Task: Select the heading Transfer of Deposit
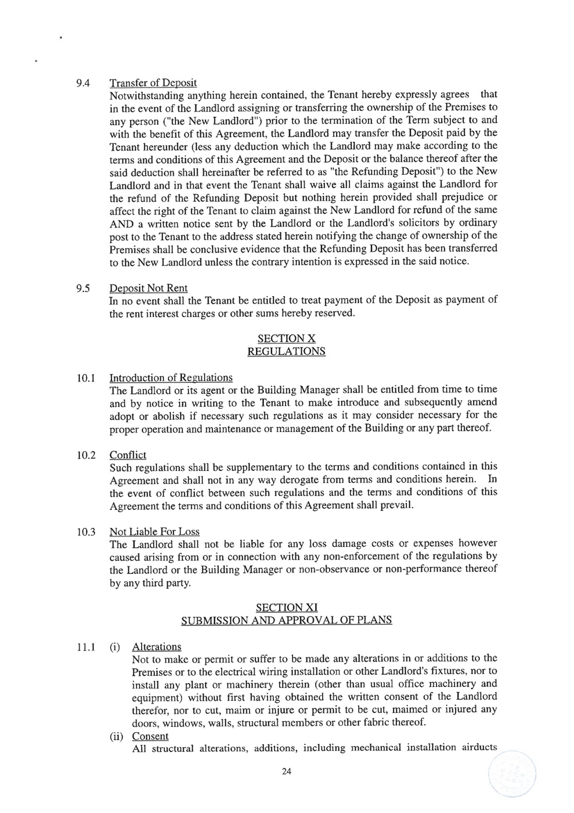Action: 153,83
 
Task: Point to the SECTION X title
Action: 286,339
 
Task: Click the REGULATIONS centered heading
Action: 286,351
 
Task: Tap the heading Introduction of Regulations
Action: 171,378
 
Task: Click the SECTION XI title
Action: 286,607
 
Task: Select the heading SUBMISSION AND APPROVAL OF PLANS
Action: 286,620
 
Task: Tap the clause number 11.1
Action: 85,647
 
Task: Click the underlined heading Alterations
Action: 157,647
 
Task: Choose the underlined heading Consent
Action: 150,736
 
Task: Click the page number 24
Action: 286,772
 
